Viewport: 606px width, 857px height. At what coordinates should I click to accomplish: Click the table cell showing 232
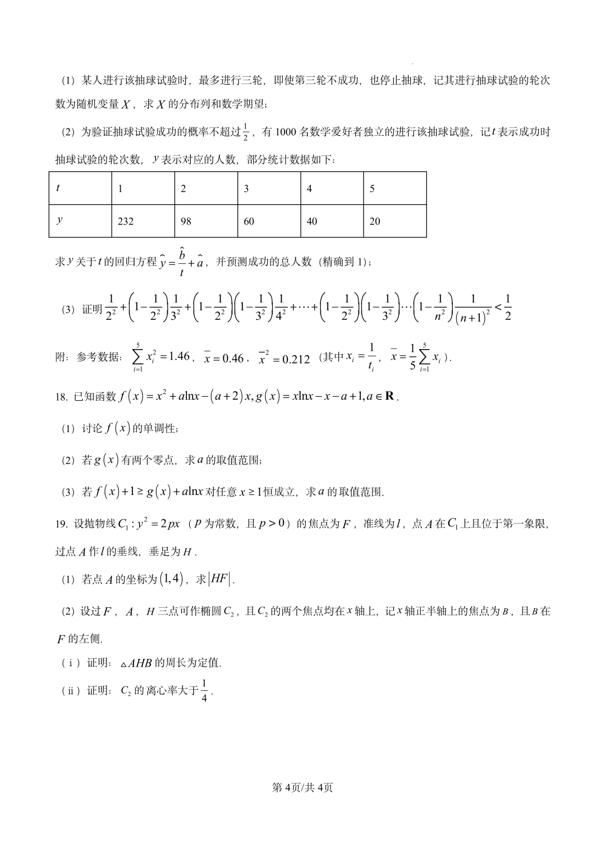[x=126, y=221]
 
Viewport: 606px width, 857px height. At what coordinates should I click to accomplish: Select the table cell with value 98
[x=186, y=221]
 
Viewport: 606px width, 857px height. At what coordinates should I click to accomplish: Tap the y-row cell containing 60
[x=249, y=221]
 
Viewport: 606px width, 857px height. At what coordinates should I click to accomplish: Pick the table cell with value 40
[x=311, y=221]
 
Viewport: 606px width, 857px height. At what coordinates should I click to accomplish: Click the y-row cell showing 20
[x=375, y=221]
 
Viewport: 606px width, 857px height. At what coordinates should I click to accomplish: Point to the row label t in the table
[x=58, y=188]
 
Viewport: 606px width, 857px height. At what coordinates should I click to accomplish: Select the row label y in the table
[x=59, y=220]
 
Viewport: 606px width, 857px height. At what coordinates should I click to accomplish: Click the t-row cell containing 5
[x=372, y=189]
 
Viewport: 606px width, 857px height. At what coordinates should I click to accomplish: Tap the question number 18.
[x=61, y=397]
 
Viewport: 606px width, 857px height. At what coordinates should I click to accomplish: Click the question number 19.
[x=61, y=524]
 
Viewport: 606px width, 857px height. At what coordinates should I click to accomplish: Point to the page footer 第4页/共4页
[x=302, y=787]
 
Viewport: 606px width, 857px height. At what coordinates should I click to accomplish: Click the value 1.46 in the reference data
[x=179, y=356]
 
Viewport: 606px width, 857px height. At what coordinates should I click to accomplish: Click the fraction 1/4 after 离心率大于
[x=204, y=690]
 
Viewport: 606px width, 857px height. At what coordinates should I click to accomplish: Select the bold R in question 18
[x=390, y=396]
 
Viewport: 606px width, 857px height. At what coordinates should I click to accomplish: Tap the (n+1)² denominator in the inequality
[x=473, y=318]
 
